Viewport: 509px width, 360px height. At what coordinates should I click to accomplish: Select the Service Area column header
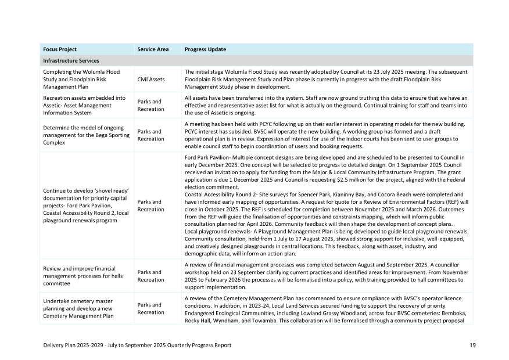pyautogui.click(x=153, y=49)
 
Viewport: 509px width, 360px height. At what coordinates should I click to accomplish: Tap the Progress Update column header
pyautogui.click(x=205, y=49)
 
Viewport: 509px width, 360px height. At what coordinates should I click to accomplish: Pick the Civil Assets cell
pyautogui.click(x=151, y=79)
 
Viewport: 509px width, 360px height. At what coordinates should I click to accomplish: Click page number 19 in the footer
pyautogui.click(x=472, y=345)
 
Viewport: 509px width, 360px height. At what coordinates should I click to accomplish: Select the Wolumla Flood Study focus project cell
pyautogui.click(x=81, y=79)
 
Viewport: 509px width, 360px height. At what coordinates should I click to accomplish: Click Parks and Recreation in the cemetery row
pyautogui.click(x=150, y=308)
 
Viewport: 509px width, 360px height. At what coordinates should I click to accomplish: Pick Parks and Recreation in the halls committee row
pyautogui.click(x=150, y=276)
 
